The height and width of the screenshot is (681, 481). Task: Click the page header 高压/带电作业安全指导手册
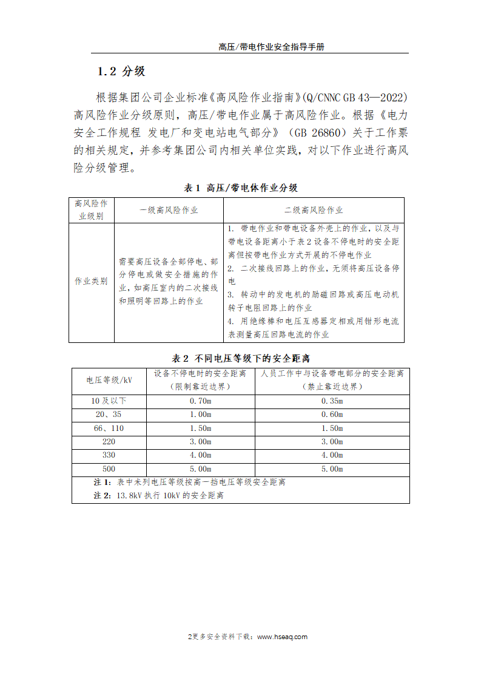point(271,47)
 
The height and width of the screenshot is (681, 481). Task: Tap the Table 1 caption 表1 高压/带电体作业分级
point(241,188)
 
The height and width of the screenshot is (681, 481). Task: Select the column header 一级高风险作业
point(168,210)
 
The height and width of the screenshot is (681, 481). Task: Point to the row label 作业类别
point(91,281)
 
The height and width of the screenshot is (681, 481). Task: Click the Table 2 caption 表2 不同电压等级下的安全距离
point(241,358)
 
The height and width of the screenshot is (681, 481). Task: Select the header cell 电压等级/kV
point(109,380)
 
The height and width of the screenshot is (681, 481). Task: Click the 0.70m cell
point(200,401)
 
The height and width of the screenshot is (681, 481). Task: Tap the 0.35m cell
point(332,401)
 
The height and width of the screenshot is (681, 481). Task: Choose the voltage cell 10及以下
point(109,401)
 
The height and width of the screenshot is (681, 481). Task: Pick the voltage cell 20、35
point(109,415)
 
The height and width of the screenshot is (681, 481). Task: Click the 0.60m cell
point(332,415)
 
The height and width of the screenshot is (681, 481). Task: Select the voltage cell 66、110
point(109,429)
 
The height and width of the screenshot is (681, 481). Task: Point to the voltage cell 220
point(109,442)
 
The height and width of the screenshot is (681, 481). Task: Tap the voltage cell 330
point(109,455)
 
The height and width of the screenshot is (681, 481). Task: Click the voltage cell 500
point(109,469)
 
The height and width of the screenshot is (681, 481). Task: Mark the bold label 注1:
point(103,483)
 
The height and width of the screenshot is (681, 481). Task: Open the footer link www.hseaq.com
point(282,637)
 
